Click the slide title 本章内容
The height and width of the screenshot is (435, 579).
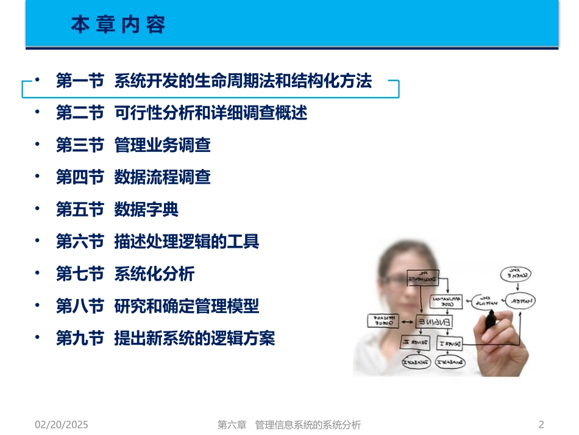pos(118,25)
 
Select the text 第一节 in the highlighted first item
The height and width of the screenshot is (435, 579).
pos(80,81)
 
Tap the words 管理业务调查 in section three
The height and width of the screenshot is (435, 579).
pos(162,145)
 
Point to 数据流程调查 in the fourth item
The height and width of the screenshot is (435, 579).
pos(162,178)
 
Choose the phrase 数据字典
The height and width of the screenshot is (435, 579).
pos(146,210)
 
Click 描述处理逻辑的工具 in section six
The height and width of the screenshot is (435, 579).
pos(186,242)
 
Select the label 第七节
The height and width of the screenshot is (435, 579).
pos(80,274)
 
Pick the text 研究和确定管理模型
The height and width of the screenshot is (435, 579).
pos(186,306)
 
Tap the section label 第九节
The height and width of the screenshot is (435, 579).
pos(80,339)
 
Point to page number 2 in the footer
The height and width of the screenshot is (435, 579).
pos(541,425)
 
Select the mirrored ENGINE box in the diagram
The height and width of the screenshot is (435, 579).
pos(433,321)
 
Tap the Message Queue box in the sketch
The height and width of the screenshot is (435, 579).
pos(383,320)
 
